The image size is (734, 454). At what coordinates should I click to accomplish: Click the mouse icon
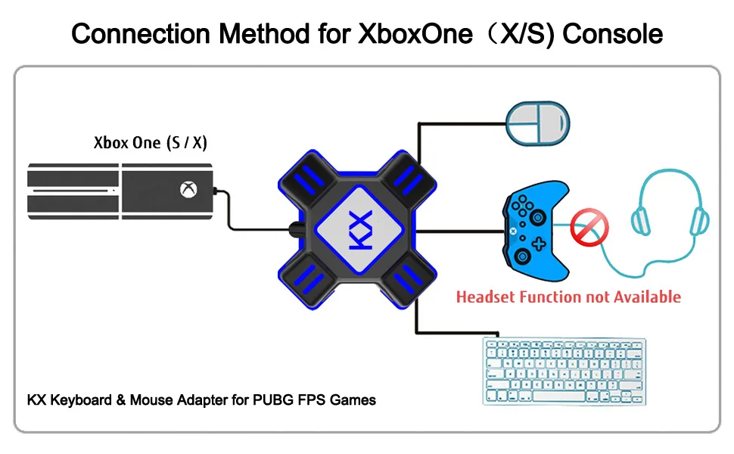pyautogui.click(x=538, y=123)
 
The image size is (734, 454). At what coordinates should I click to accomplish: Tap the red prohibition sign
pyautogui.click(x=589, y=228)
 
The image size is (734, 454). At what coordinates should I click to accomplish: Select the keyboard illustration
pyautogui.click(x=564, y=371)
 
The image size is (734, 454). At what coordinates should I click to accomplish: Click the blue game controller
pyautogui.click(x=536, y=231)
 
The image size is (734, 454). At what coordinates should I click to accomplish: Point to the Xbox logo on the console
pyautogui.click(x=188, y=190)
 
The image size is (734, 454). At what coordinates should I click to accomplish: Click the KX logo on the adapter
pyautogui.click(x=360, y=229)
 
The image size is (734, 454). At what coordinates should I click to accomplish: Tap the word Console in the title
pyautogui.click(x=612, y=34)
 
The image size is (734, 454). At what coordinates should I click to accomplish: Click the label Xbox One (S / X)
pyautogui.click(x=151, y=142)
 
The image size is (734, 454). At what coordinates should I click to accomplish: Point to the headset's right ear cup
pyautogui.click(x=699, y=221)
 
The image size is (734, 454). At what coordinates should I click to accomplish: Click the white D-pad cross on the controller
pyautogui.click(x=539, y=244)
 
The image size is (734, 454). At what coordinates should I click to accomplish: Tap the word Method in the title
pyautogui.click(x=265, y=34)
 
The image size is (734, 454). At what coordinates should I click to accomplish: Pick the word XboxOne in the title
pyautogui.click(x=415, y=34)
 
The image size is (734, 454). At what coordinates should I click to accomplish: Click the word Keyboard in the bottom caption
pyautogui.click(x=81, y=400)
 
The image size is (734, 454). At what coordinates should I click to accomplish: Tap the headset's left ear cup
pyautogui.click(x=641, y=221)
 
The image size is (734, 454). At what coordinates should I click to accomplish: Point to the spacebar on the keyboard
pyautogui.click(x=558, y=396)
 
